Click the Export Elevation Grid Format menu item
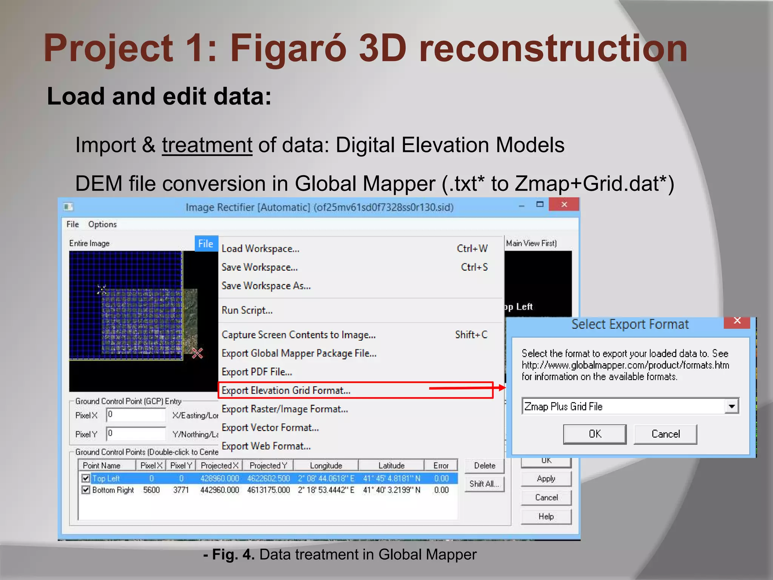tap(286, 390)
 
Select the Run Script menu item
tap(247, 310)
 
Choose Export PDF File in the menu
tap(257, 372)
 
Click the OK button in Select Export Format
tap(594, 434)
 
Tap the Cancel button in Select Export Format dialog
tap(665, 434)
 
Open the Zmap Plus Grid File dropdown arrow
tap(732, 407)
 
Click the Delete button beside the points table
tap(485, 466)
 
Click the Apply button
tap(546, 479)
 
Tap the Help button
tap(546, 517)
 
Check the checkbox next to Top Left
tap(86, 478)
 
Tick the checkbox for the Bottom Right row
tap(86, 490)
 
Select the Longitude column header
tap(326, 466)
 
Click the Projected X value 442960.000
tap(219, 490)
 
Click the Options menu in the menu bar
tap(102, 224)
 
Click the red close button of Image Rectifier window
tap(564, 205)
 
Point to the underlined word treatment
tap(207, 145)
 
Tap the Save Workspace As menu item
tap(266, 286)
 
